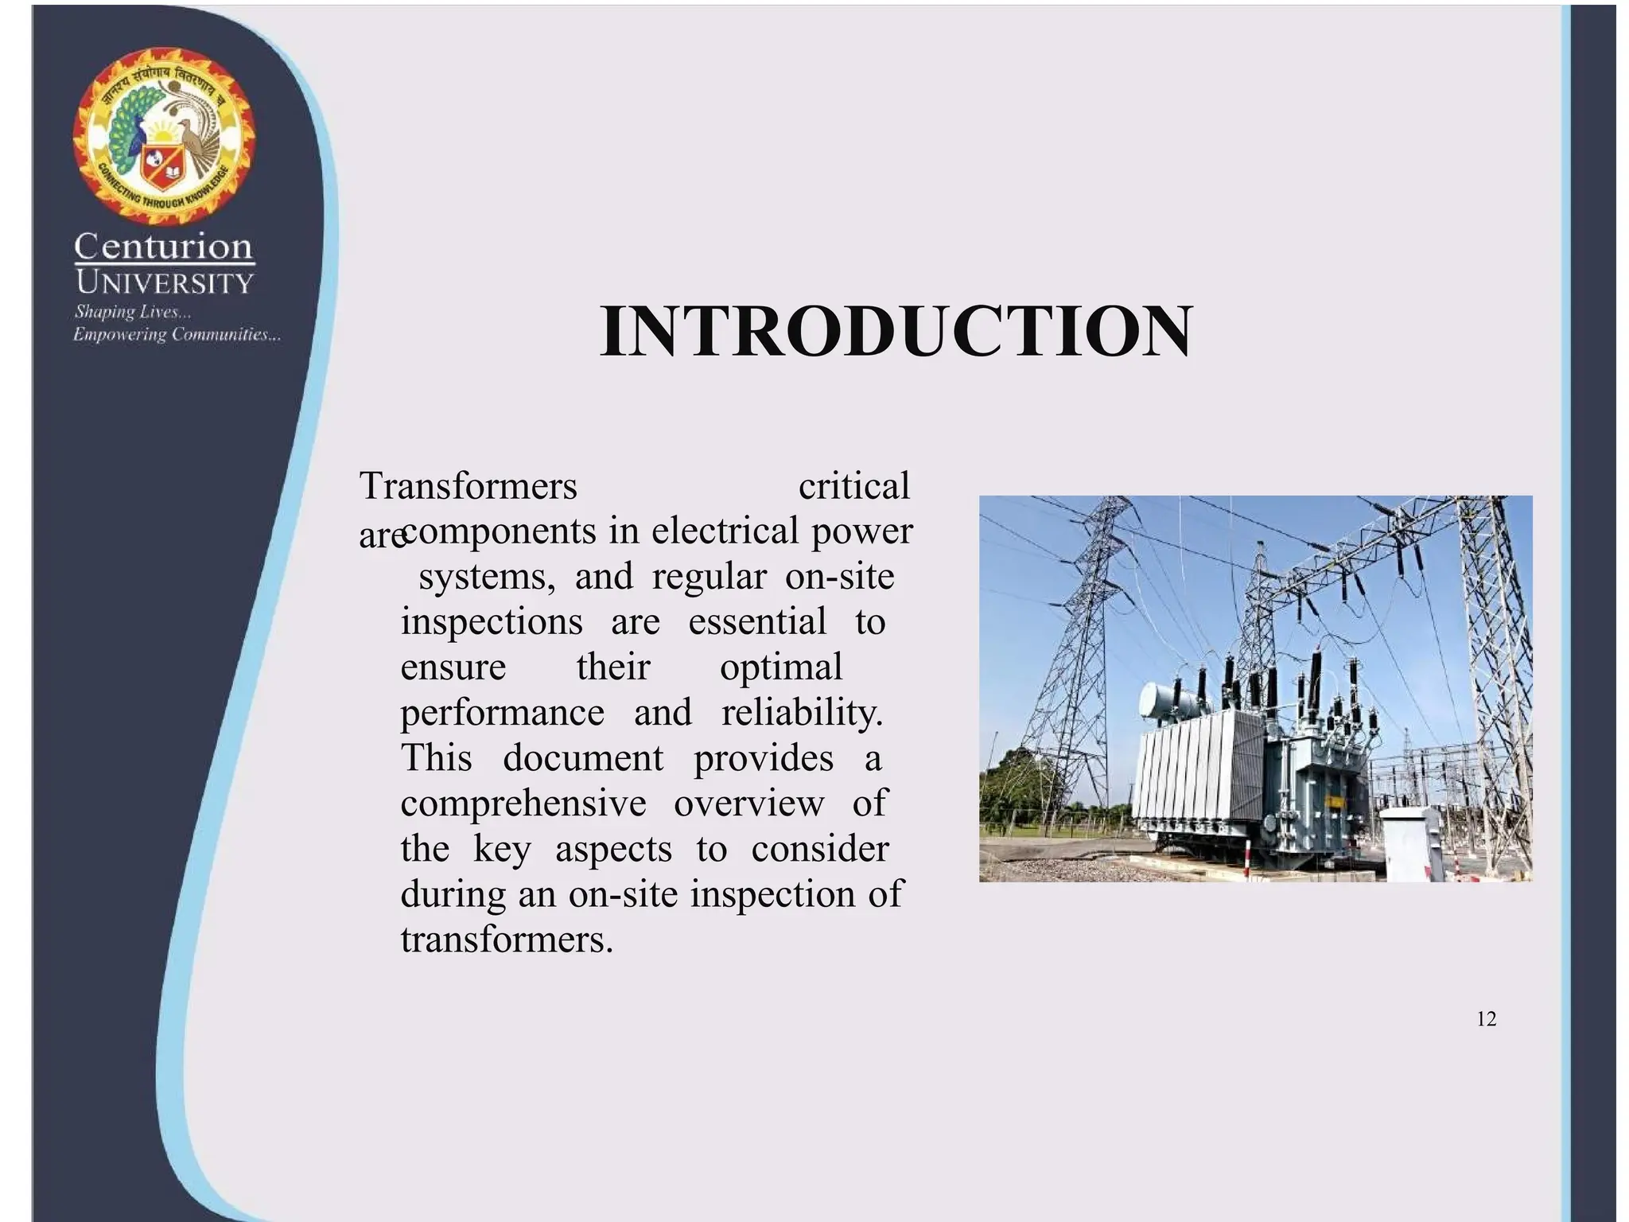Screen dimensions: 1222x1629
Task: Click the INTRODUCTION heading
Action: (x=896, y=333)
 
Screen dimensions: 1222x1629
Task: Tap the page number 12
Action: (x=1486, y=1019)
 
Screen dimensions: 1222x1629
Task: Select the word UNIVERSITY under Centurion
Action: (x=165, y=282)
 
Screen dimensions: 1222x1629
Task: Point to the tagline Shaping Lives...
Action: (x=133, y=312)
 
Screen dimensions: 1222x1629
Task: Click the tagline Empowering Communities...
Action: (x=177, y=334)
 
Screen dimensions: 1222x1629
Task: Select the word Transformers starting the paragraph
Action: (x=468, y=485)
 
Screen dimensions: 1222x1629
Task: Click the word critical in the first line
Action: (x=853, y=485)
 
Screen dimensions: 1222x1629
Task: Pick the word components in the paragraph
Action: (x=500, y=531)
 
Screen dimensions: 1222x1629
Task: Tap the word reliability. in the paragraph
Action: (x=802, y=712)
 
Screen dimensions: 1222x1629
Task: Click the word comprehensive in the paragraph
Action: (x=523, y=804)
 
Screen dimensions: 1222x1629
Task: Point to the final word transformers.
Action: (x=507, y=940)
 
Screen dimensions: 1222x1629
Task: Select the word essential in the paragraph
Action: (x=756, y=621)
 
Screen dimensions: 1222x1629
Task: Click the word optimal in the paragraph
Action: (x=780, y=667)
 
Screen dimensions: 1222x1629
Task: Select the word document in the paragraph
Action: (x=582, y=757)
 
